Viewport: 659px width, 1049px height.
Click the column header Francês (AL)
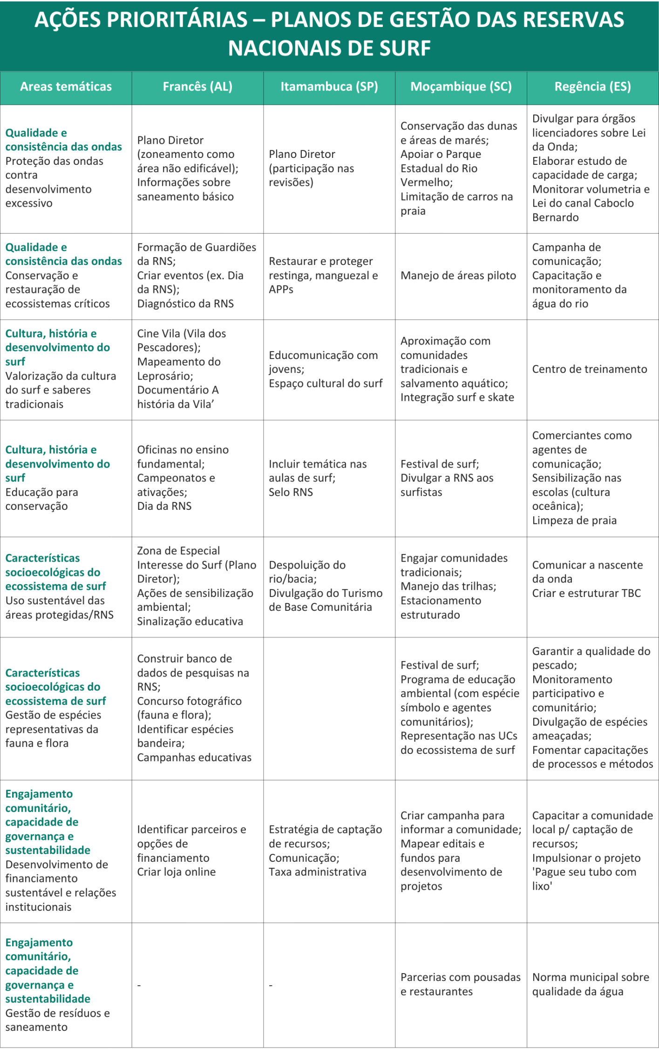pos(197,87)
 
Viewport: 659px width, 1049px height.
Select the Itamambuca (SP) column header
pos(329,87)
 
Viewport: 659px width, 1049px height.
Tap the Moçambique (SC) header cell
pos(461,87)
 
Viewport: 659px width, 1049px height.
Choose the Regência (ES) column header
pos(592,87)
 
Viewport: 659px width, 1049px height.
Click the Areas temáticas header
pos(66,87)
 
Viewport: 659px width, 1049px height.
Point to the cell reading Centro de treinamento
pos(589,369)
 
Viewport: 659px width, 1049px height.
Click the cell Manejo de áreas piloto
pos(458,276)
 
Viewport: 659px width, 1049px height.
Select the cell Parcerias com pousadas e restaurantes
pos(460,984)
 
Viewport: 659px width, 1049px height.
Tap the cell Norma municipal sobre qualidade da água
pos(590,984)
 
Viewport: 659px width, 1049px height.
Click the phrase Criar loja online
pos(176,872)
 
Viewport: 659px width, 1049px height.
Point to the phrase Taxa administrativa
pos(317,872)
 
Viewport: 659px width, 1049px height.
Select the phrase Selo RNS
pos(291,492)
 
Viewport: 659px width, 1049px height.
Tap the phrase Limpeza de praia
pos(574,521)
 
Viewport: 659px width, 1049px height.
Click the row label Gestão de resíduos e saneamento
pos(57,1020)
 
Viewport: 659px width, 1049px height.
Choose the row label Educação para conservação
pos(41,499)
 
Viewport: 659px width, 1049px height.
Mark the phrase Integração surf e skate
pos(457,398)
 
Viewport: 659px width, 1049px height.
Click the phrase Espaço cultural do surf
pos(325,384)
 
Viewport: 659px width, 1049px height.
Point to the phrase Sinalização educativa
pos(190,622)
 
